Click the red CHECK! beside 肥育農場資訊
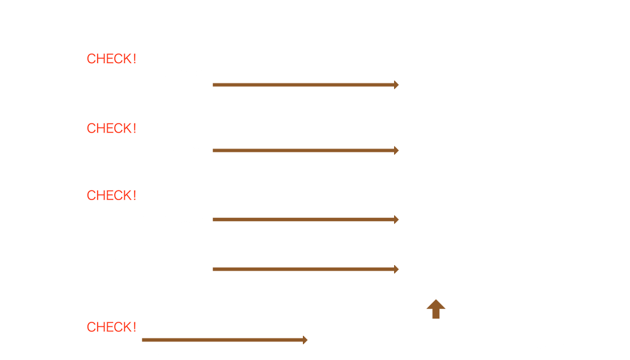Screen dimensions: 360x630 click(112, 128)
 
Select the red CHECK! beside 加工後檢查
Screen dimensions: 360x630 click(112, 327)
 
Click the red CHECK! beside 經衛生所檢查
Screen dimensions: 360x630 click(112, 59)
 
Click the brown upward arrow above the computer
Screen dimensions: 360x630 click(436, 309)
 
